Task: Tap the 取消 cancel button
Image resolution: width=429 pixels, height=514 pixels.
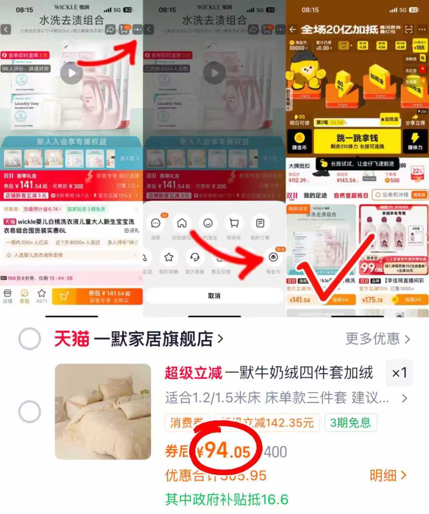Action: (214, 296)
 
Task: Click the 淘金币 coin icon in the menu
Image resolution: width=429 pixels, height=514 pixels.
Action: (273, 257)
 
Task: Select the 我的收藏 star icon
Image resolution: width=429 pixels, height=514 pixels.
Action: (169, 257)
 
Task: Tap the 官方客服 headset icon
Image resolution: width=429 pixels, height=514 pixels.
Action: (195, 257)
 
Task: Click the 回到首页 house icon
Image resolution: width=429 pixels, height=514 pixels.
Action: (182, 223)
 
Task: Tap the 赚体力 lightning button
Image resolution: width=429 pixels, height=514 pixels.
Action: (415, 141)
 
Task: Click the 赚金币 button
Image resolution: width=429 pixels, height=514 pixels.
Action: (299, 141)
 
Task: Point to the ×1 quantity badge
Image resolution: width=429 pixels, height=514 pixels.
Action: (399, 373)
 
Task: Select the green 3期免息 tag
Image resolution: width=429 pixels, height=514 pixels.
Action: (350, 423)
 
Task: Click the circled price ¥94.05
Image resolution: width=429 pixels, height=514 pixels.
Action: (225, 451)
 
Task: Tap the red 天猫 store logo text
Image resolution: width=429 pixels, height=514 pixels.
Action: (72, 339)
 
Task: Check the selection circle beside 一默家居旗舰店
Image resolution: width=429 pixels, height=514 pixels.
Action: (29, 339)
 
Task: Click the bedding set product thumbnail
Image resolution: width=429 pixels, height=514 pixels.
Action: (103, 411)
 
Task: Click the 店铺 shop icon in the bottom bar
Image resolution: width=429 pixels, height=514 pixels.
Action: (7, 296)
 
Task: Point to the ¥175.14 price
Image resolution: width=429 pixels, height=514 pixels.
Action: (372, 300)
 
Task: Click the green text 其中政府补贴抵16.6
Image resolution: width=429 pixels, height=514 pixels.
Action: (227, 499)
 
